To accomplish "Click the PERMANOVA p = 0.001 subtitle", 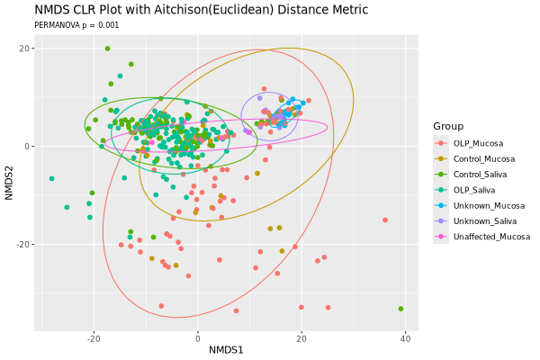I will click(76, 25).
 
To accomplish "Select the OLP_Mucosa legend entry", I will click(477, 143).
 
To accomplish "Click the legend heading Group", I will click(447, 125).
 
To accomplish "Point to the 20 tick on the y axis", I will click(26, 49).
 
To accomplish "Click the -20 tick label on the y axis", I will click(24, 245).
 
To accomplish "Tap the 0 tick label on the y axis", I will click(30, 147).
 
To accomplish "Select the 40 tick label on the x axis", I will click(405, 338).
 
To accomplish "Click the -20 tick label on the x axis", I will click(94, 338).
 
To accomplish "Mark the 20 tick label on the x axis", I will click(301, 338).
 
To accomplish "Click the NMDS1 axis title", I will click(227, 350).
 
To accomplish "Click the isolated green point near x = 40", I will click(400, 309).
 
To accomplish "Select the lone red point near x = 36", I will click(385, 220).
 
